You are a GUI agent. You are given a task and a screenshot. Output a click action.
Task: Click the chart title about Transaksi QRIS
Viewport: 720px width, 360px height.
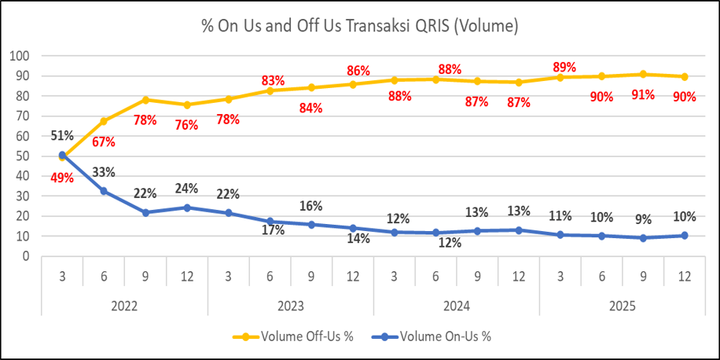coord(359,26)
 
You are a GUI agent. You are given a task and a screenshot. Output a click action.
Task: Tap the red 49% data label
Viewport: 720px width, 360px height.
coord(63,178)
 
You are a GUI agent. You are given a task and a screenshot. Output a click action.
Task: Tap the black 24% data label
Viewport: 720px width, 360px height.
coord(187,189)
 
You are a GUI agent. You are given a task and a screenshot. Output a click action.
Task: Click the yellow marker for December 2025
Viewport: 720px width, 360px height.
coord(685,76)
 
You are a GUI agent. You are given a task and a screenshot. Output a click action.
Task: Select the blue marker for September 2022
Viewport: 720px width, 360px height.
coord(145,212)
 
